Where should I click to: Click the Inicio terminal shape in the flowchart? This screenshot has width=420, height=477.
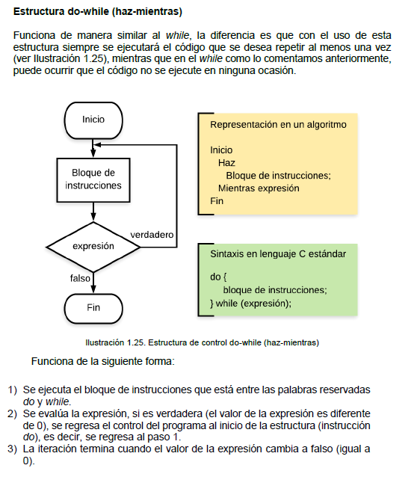click(x=93, y=120)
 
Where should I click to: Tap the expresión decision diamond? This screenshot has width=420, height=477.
click(x=93, y=246)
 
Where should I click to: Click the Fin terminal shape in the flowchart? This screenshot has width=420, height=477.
click(x=93, y=307)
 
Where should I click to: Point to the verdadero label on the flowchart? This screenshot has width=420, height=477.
click(x=152, y=235)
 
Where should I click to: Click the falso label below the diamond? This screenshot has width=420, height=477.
click(x=80, y=278)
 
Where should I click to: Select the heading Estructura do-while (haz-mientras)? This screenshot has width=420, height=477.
click(x=97, y=13)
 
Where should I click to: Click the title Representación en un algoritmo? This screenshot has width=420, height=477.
click(x=278, y=124)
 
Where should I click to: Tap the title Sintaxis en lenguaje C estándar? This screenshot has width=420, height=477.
click(x=278, y=253)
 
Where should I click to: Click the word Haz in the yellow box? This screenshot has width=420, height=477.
click(x=226, y=162)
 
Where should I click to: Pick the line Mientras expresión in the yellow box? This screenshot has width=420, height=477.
click(x=259, y=188)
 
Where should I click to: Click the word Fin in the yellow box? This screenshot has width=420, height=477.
click(x=217, y=200)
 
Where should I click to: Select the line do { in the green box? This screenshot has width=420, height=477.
click(x=219, y=277)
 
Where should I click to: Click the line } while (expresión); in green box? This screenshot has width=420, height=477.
click(x=250, y=303)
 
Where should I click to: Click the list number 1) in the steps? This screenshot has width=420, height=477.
click(x=13, y=390)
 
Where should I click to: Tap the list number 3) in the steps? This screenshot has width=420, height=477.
click(x=13, y=449)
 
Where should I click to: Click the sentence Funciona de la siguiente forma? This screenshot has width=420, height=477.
click(x=103, y=362)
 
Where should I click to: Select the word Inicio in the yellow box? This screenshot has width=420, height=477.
click(x=221, y=150)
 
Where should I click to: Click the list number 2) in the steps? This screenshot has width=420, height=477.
click(x=13, y=413)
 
